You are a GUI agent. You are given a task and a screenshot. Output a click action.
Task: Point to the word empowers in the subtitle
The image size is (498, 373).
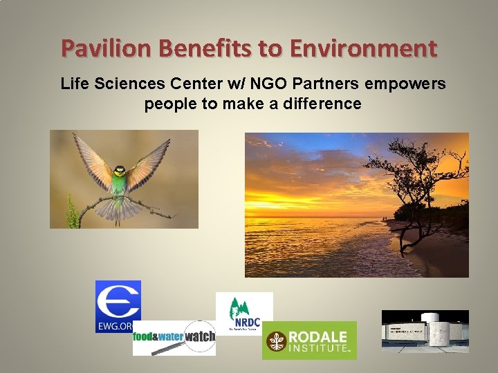pyautogui.click(x=408, y=84)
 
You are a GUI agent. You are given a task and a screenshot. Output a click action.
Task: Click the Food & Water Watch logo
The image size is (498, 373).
pyautogui.click(x=174, y=338)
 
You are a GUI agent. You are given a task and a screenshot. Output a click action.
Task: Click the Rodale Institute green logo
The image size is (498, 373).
pyautogui.click(x=309, y=340)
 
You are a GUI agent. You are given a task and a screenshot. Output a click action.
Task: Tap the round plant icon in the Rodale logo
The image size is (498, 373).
pyautogui.click(x=277, y=341)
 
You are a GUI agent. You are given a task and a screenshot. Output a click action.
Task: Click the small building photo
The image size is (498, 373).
pyautogui.click(x=425, y=331)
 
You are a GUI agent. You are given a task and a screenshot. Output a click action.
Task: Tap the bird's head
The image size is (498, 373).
pyautogui.click(x=120, y=171)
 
